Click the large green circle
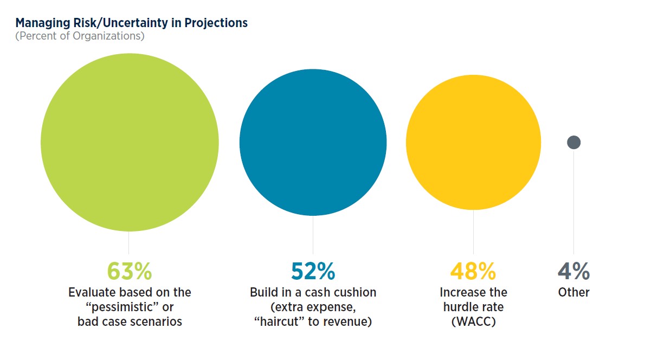click(x=130, y=143)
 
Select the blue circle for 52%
click(x=313, y=143)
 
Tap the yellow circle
click(x=473, y=143)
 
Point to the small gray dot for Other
click(x=574, y=143)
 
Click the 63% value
click(x=130, y=271)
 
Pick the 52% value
click(x=313, y=271)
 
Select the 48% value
click(x=473, y=271)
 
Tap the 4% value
click(x=574, y=271)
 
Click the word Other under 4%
click(x=574, y=293)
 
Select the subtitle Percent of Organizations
click(x=80, y=36)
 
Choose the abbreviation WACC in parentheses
click(x=473, y=322)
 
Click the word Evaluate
click(x=90, y=293)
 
